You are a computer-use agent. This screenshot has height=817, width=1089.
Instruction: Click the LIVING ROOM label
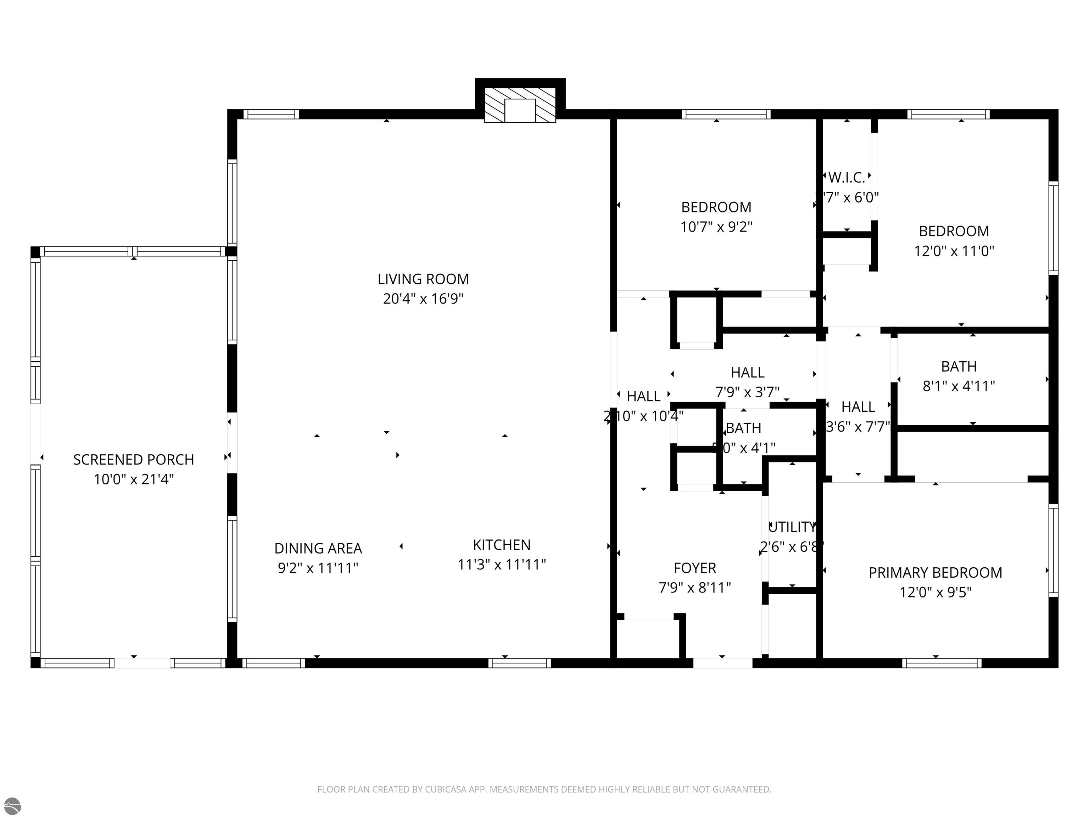point(423,279)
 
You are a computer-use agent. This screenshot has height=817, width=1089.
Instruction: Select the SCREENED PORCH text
point(133,460)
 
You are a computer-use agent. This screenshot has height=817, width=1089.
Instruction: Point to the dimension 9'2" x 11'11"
point(318,568)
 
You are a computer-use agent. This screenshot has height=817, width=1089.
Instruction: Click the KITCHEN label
point(502,545)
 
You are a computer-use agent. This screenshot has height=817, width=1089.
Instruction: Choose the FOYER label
point(695,568)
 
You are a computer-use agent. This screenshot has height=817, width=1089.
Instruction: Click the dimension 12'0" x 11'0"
point(954,251)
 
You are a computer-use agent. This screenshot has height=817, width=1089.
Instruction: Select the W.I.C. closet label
point(846,177)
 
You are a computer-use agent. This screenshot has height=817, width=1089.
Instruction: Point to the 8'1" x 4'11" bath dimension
point(959,386)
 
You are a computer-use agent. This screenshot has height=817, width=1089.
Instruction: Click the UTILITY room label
point(792,527)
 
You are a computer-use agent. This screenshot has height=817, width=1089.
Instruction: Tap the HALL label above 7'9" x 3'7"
point(747,372)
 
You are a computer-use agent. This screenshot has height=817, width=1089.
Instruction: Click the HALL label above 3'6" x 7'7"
point(858,407)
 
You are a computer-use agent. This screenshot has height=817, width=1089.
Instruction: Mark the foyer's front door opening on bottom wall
point(722,663)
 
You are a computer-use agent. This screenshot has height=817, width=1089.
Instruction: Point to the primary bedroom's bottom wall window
point(941,663)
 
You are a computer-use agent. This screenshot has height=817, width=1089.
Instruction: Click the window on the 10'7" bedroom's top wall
point(726,114)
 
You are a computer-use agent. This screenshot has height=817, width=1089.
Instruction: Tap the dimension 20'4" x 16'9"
point(423,299)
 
